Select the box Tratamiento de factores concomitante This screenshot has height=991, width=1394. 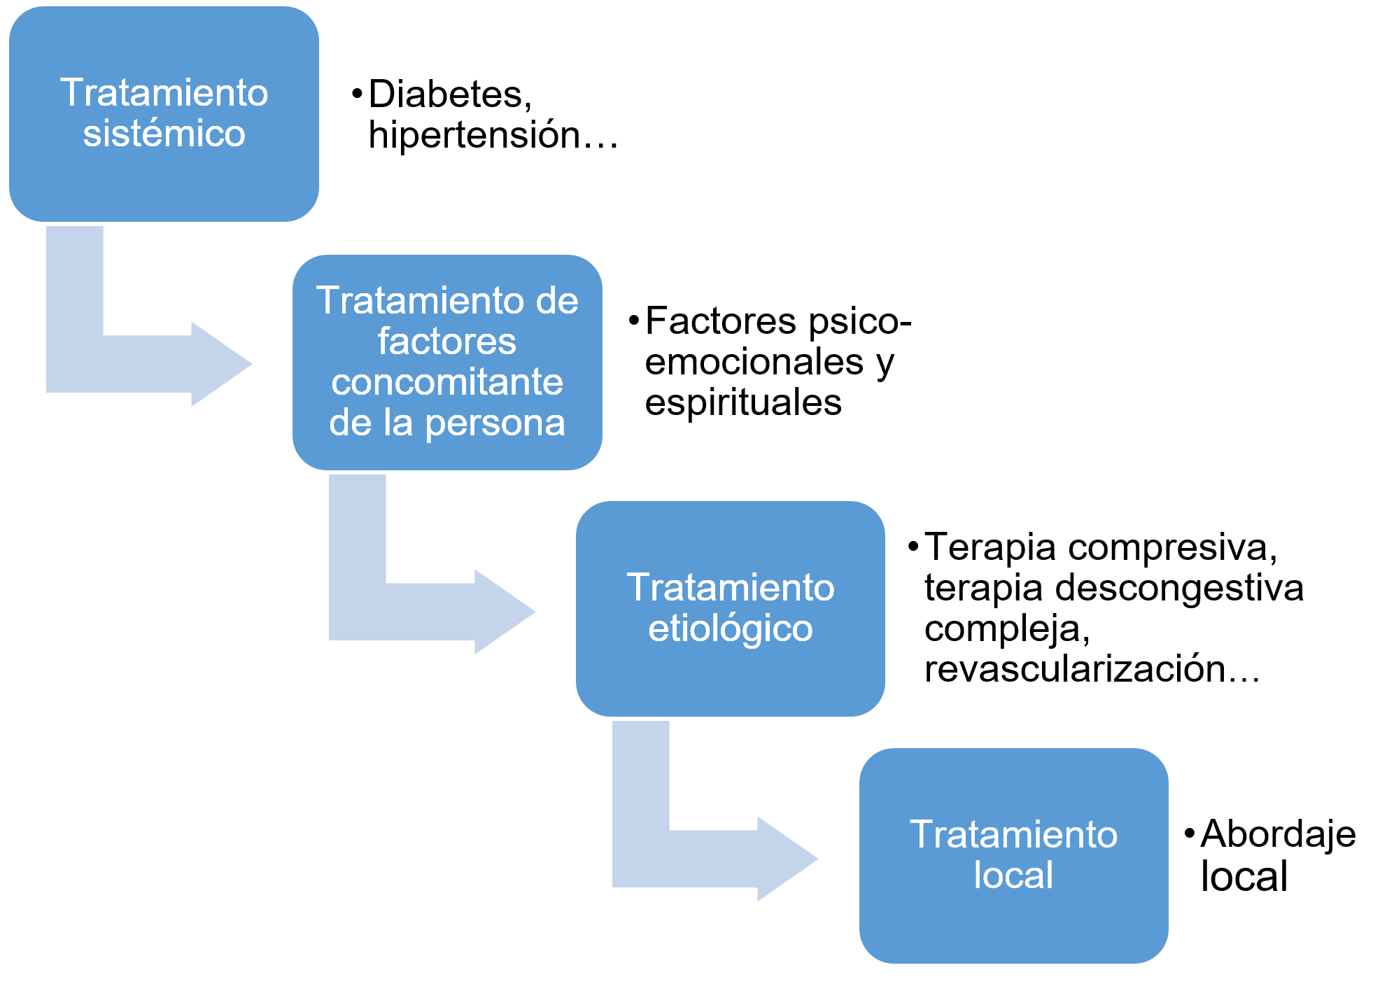click(x=446, y=362)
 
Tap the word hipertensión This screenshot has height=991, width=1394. click(x=474, y=135)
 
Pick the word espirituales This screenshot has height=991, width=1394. click(x=743, y=403)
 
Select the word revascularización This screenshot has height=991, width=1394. click(x=1075, y=669)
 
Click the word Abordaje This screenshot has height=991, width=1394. click(x=1279, y=834)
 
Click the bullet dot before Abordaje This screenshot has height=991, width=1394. click(x=1189, y=834)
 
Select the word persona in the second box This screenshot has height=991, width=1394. click(x=495, y=423)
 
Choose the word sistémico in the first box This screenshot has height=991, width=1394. click(x=164, y=134)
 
